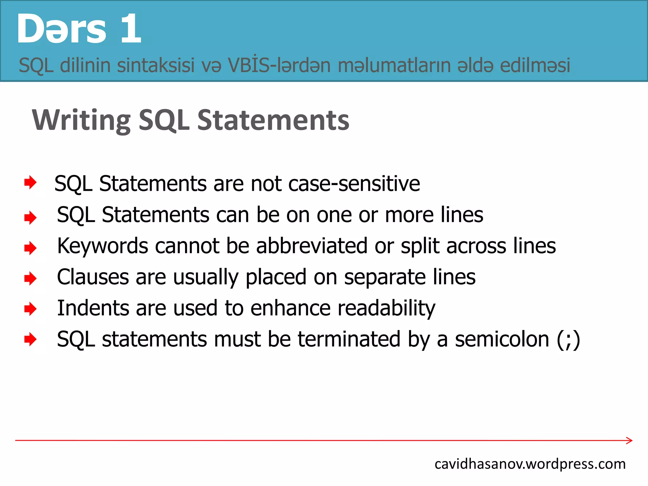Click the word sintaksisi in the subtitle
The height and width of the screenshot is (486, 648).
click(156, 65)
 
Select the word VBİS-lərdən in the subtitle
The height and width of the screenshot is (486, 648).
click(279, 65)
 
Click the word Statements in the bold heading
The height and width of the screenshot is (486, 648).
click(273, 120)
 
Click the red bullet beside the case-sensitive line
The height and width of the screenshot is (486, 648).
click(30, 183)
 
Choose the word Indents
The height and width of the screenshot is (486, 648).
click(93, 308)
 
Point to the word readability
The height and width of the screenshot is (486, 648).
click(386, 308)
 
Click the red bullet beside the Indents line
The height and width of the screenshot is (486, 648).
click(30, 309)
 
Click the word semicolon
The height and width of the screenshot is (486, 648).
click(502, 339)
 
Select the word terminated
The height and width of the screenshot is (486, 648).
click(349, 339)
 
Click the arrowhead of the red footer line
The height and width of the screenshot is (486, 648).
click(629, 440)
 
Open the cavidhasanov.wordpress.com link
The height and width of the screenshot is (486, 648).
click(530, 464)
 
